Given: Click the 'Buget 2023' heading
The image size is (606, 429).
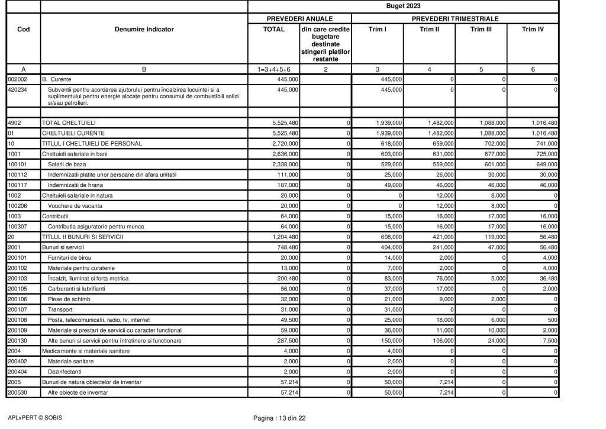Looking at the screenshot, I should [403, 7].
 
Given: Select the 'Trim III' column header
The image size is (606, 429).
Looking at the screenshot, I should [481, 29].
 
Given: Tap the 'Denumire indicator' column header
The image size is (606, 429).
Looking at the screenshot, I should [144, 29].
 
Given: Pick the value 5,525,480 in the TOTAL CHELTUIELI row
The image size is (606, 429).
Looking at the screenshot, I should [284, 122].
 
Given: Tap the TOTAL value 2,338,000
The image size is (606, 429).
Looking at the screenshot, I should [284, 164].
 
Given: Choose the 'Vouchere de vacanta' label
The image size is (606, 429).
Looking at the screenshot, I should [74, 205].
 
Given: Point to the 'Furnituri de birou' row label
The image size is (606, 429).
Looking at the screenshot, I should [72, 257].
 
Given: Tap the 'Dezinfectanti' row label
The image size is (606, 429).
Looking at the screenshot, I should [66, 371].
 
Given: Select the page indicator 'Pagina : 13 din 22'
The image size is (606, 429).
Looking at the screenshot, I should [279, 418].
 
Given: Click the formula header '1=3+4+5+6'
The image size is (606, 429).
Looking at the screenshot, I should [273, 69].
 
